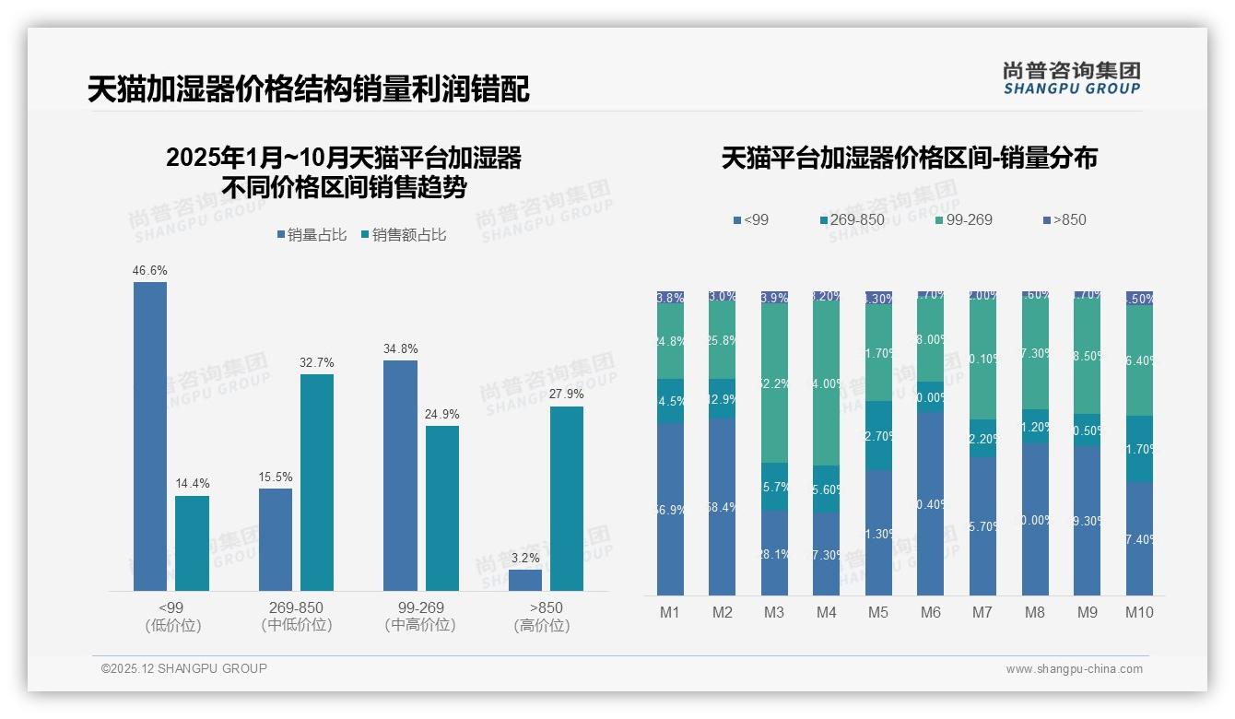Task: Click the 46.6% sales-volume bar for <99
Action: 150,436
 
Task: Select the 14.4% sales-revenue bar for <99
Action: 192,543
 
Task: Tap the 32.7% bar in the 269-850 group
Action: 317,482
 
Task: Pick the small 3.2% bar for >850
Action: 525,580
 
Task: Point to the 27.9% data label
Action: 567,395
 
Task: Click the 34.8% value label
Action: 400,348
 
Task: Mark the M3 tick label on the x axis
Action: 774,612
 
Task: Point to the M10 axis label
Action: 1139,612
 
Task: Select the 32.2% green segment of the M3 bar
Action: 774,383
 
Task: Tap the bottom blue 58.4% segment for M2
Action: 723,507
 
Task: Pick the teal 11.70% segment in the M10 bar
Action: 1139,449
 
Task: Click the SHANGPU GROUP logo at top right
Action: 1071,77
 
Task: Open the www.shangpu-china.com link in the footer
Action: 1074,669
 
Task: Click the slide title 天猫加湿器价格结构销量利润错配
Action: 308,89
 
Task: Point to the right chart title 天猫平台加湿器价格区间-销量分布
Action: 909,159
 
